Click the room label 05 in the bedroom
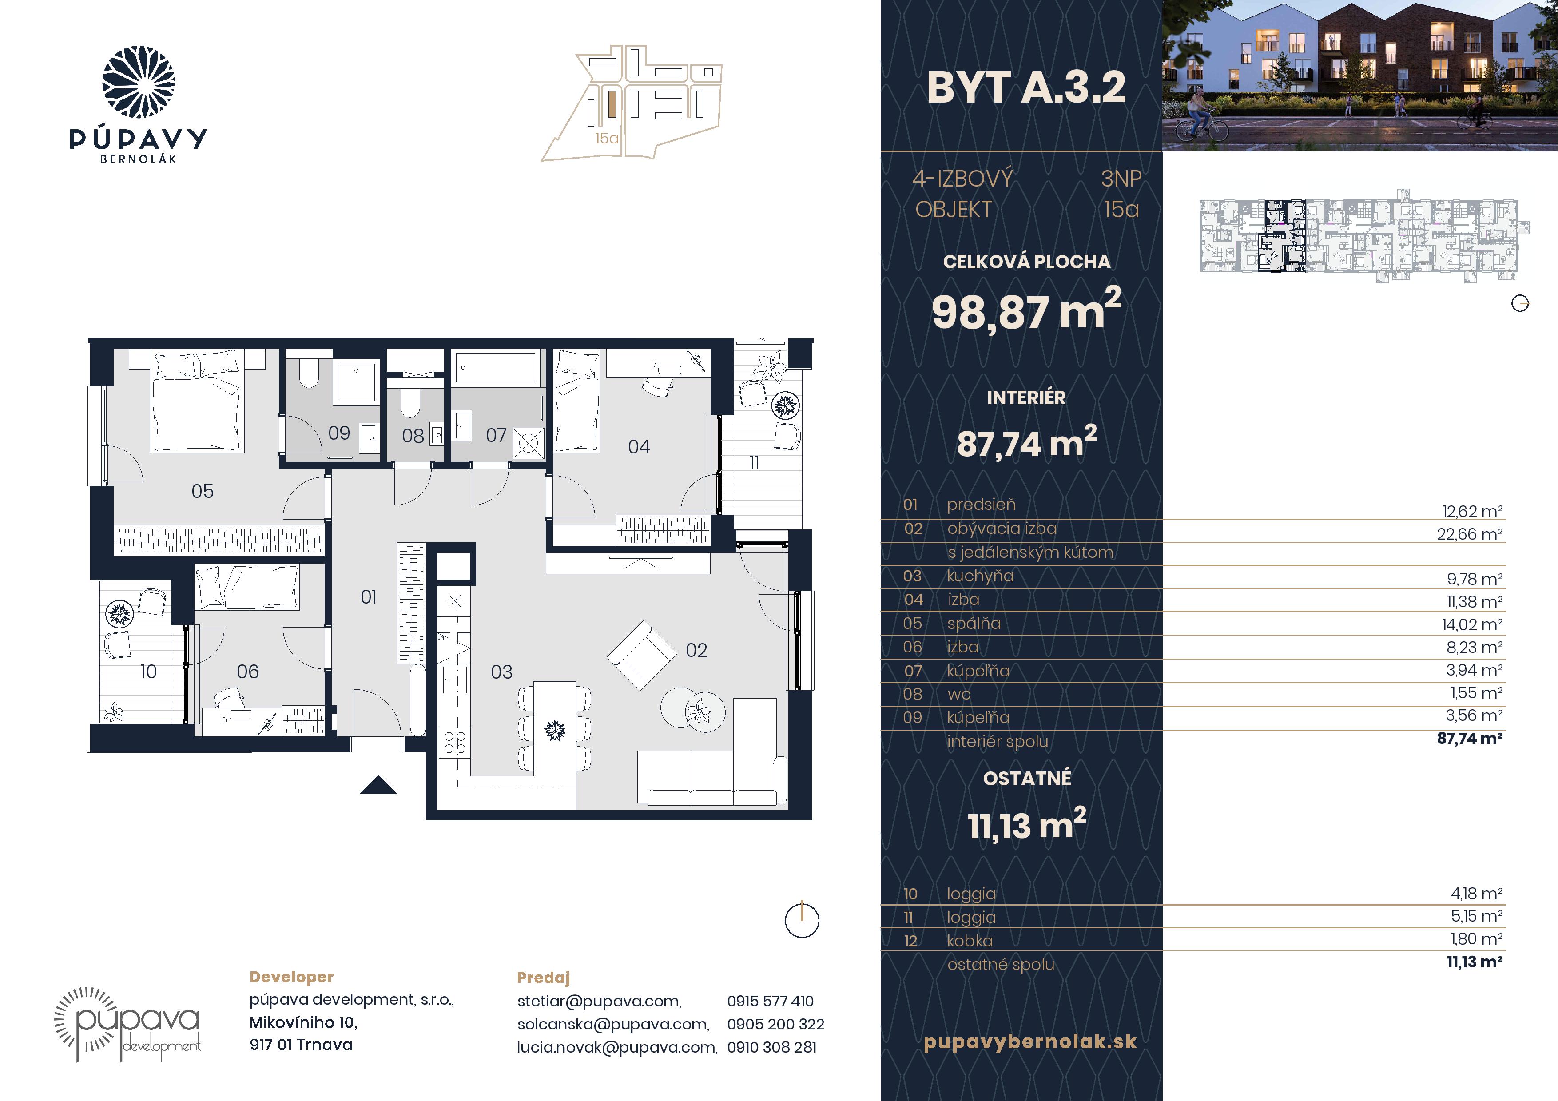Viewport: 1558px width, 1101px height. pyautogui.click(x=202, y=491)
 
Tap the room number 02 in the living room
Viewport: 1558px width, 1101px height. pyautogui.click(x=696, y=651)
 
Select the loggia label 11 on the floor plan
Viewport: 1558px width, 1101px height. pyautogui.click(x=754, y=463)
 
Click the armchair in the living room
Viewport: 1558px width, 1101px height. pyautogui.click(x=641, y=655)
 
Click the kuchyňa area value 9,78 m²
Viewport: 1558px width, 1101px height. pyautogui.click(x=1475, y=579)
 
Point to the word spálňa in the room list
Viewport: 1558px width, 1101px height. pyautogui.click(x=974, y=624)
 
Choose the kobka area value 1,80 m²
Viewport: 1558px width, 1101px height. pyautogui.click(x=1476, y=939)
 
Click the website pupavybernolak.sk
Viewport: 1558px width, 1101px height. pyautogui.click(x=1030, y=1041)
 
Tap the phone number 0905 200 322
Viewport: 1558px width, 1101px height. pyautogui.click(x=775, y=1024)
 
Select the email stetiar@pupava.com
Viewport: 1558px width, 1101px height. pyautogui.click(x=599, y=1001)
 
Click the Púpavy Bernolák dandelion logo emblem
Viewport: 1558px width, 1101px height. pyautogui.click(x=139, y=82)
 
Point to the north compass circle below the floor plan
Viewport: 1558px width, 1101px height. pyautogui.click(x=802, y=921)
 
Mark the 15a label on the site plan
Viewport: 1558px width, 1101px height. pyautogui.click(x=607, y=139)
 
